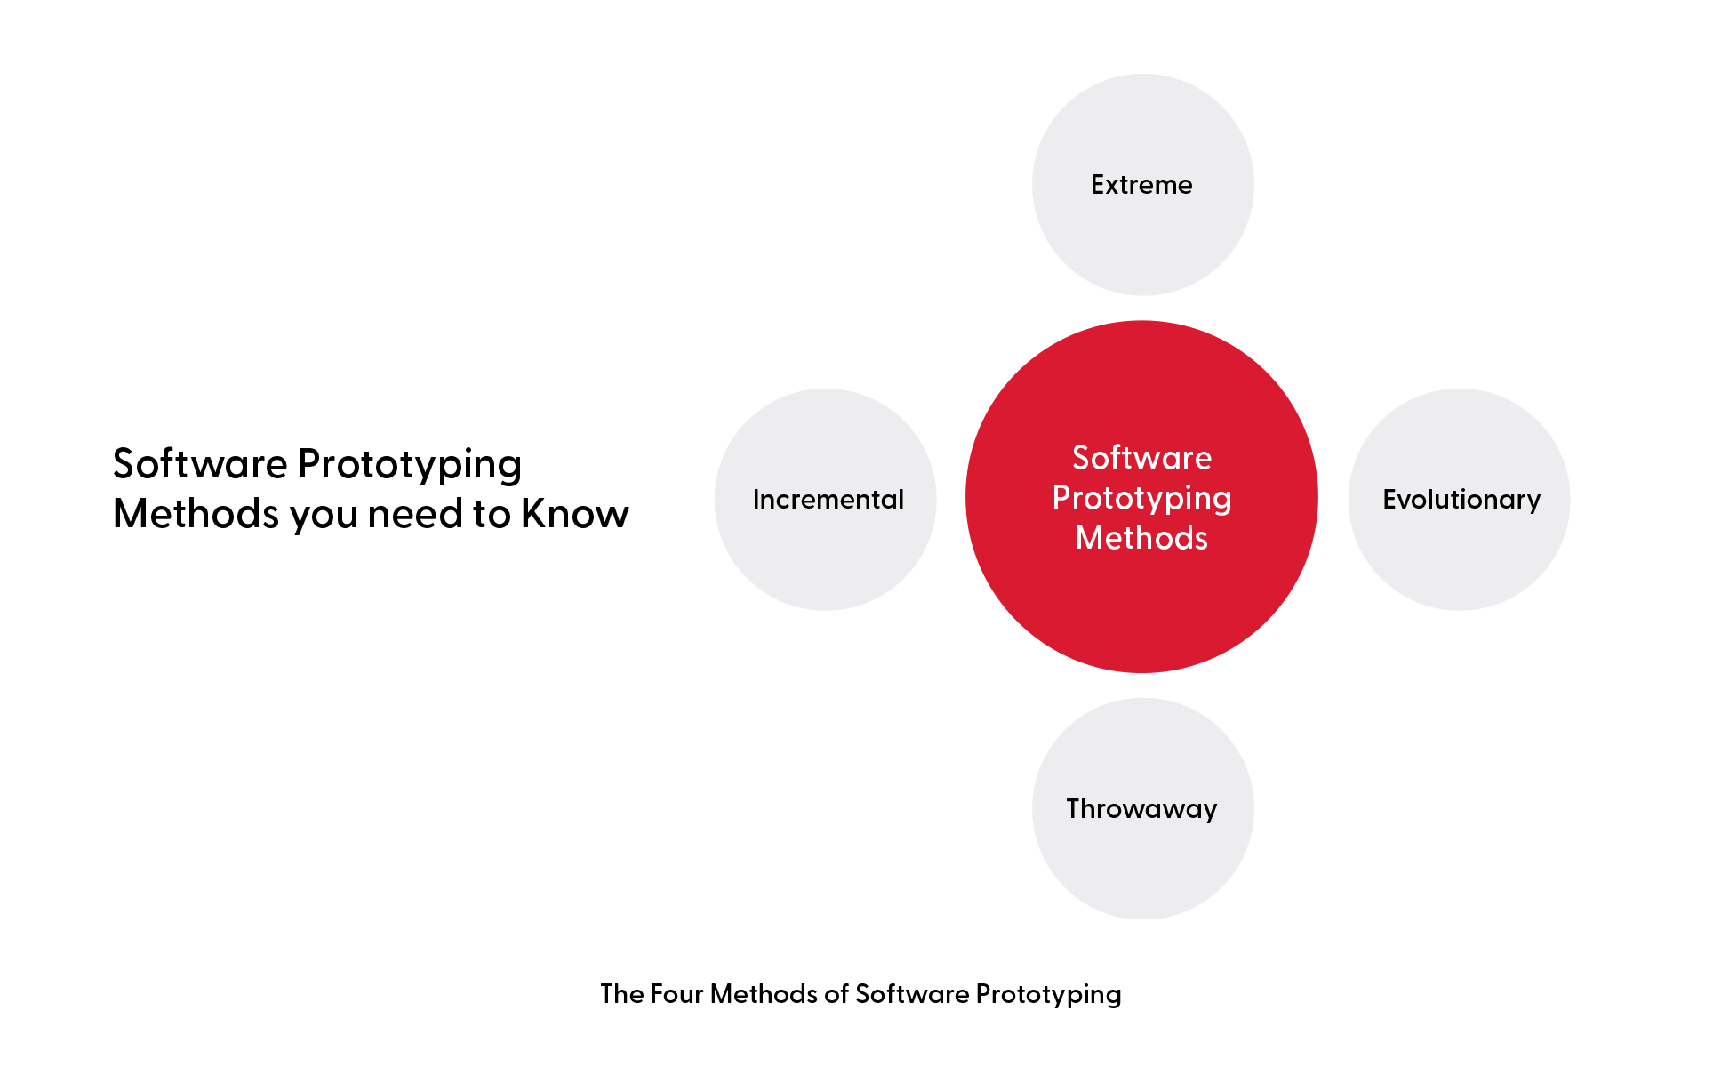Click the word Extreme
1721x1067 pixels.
pos(1141,185)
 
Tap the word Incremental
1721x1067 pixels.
pos(828,500)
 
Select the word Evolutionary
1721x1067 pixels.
pos(1461,500)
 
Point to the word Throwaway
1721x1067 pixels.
pos(1141,809)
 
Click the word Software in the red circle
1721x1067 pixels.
pos(1141,458)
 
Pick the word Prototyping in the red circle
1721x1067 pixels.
pos(1141,498)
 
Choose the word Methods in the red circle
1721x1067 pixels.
pos(1141,538)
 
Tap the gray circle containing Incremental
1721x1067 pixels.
pos(826,560)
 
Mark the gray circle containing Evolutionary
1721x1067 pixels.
pos(1459,560)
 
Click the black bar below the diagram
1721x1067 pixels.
pos(860,996)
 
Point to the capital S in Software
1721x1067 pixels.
pos(1082,458)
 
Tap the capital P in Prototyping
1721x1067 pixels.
pos(1061,498)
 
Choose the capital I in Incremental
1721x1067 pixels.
pos(756,500)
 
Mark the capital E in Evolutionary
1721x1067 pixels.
pos(1390,500)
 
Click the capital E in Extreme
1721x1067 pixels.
pos(1098,185)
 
